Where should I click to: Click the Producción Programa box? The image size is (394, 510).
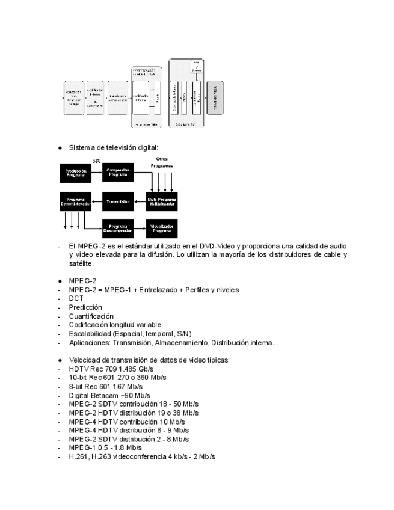click(x=76, y=173)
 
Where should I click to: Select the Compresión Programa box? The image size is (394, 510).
click(x=118, y=173)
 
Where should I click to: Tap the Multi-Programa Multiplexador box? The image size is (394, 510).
click(x=162, y=202)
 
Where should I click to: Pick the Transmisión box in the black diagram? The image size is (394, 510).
click(x=118, y=202)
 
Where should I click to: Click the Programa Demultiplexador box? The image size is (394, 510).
click(x=76, y=202)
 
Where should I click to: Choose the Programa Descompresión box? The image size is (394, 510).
click(x=118, y=229)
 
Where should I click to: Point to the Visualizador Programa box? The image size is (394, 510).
click(x=162, y=229)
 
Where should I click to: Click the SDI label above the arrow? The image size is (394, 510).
click(x=96, y=161)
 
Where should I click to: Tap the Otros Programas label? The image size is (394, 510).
click(x=162, y=162)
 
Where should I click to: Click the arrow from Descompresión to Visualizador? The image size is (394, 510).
click(x=140, y=229)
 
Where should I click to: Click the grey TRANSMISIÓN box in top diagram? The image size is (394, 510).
click(x=215, y=97)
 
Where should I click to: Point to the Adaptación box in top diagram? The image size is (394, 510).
click(x=73, y=98)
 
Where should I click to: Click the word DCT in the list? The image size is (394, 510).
click(x=76, y=298)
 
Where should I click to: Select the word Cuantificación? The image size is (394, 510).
click(x=91, y=316)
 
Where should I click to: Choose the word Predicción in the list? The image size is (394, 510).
click(x=85, y=307)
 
